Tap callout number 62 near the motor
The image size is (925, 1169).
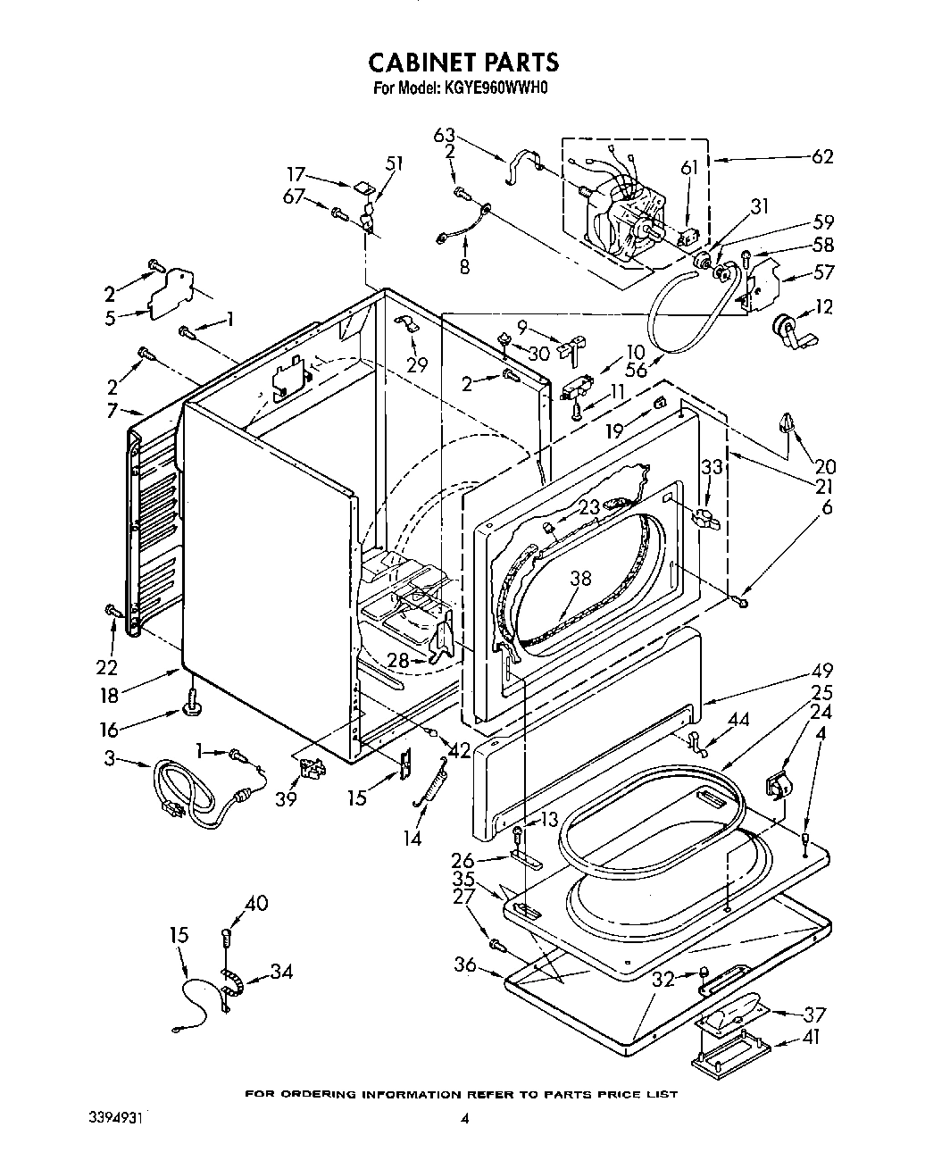tap(821, 157)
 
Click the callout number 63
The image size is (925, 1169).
tap(444, 136)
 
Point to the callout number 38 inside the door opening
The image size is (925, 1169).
tap(580, 579)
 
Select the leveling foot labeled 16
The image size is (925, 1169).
tap(191, 705)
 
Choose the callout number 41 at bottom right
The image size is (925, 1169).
tap(812, 1038)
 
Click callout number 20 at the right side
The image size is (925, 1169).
tap(825, 465)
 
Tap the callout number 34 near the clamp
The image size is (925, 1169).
tap(279, 971)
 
